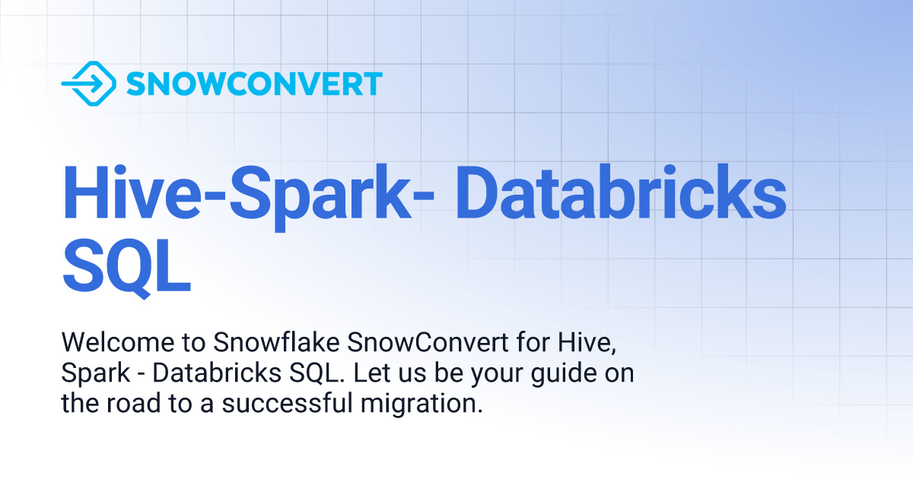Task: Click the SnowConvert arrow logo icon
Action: pos(87,84)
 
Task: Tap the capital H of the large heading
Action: pos(85,194)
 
